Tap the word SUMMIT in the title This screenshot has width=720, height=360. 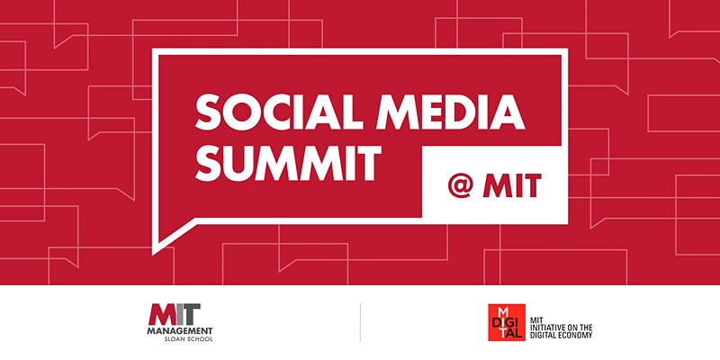coord(288,163)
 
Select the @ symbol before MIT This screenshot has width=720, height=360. coord(460,185)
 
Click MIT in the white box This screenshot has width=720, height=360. coord(512,185)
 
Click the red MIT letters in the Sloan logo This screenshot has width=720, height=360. coord(167,314)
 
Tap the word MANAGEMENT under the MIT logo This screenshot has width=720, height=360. coord(180,330)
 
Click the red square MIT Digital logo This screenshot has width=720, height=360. coord(507,322)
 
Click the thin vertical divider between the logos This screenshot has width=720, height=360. coord(360,322)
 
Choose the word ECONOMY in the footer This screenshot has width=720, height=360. coord(576,335)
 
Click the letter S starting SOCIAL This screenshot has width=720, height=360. coord(208,112)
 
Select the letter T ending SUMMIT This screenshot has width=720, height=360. coord(368,163)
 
